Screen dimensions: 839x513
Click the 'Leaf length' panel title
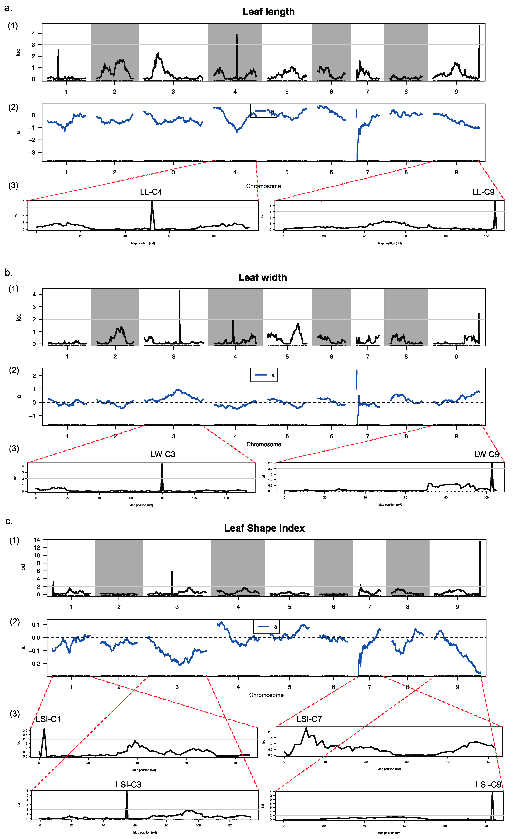pyautogui.click(x=268, y=12)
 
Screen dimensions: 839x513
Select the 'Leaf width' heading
pyautogui.click(x=263, y=277)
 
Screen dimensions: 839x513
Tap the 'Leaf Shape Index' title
pyautogui.click(x=264, y=528)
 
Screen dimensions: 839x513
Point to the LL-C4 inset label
pyautogui.click(x=151, y=192)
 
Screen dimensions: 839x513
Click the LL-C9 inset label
pyautogui.click(x=483, y=192)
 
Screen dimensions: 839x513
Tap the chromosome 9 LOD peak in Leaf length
pyautogui.click(x=479, y=26)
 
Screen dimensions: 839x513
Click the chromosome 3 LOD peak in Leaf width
pyautogui.click(x=179, y=291)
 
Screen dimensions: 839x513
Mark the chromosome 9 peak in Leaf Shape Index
pyautogui.click(x=480, y=541)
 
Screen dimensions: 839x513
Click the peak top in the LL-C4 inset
pyautogui.click(x=152, y=202)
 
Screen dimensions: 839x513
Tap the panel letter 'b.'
pyautogui.click(x=9, y=272)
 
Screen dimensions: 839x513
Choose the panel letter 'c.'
pyautogui.click(x=9, y=521)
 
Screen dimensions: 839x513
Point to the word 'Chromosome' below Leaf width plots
pyautogui.click(x=264, y=444)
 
